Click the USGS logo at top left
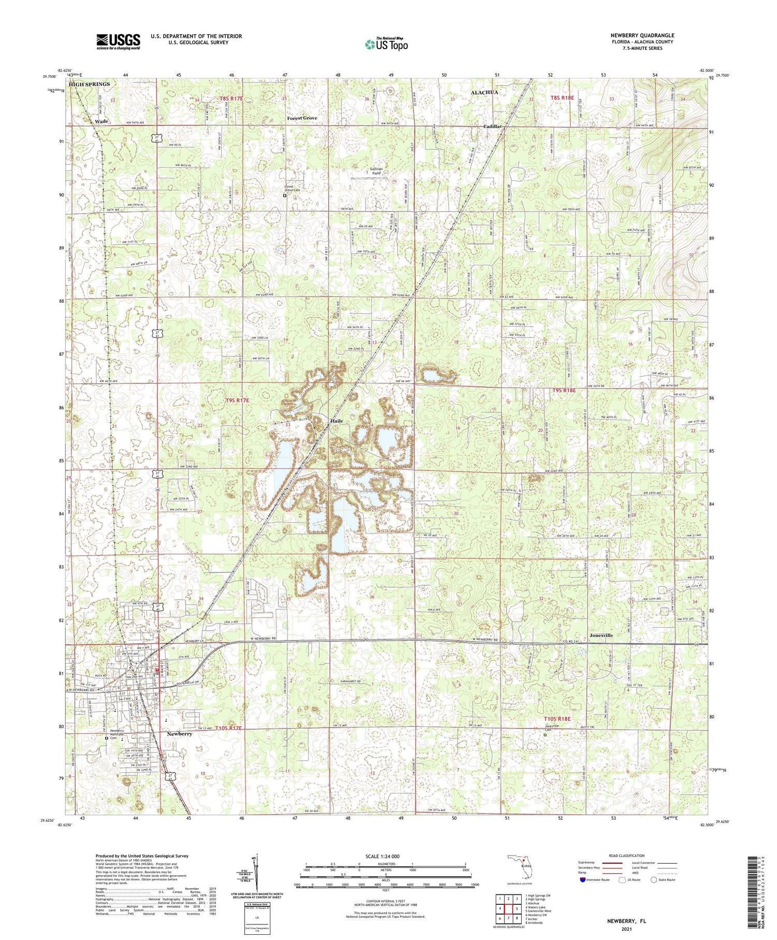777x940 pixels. (x=118, y=41)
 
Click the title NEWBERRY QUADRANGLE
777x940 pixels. (x=642, y=35)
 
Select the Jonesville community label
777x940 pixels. (x=601, y=635)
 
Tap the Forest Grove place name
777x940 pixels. (x=302, y=118)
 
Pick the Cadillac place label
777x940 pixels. (x=493, y=127)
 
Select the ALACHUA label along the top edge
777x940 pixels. (x=484, y=92)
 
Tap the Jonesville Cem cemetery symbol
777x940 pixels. (x=545, y=734)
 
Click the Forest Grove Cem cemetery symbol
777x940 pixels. (x=284, y=196)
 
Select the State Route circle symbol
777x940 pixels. (x=654, y=880)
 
